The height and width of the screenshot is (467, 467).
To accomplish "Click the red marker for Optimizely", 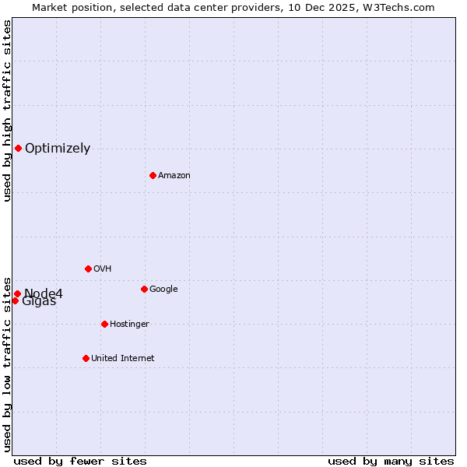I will (x=18, y=148).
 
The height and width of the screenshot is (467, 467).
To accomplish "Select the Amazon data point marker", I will (x=153, y=175).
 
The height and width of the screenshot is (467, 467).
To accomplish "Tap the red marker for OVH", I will (x=88, y=269).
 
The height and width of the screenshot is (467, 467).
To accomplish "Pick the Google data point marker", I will (x=144, y=289).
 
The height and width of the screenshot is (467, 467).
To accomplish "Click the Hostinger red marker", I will (x=104, y=324).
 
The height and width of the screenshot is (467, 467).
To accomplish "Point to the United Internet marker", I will (x=86, y=358).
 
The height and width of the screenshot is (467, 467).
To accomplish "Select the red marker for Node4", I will (x=17, y=293).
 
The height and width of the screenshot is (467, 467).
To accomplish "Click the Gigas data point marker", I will (x=15, y=300).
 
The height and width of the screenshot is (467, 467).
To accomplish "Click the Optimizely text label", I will (x=58, y=148).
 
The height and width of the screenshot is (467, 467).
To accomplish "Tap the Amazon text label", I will (x=174, y=175).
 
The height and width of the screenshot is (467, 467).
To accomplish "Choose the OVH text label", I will (x=102, y=269).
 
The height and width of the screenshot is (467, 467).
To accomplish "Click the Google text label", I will (x=163, y=289).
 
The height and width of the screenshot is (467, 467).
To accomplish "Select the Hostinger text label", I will (x=129, y=324).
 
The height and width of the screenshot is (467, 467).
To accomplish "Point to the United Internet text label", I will (x=122, y=358).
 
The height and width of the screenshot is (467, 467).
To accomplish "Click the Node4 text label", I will (x=44, y=293).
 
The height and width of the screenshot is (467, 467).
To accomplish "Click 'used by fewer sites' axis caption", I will (x=80, y=461).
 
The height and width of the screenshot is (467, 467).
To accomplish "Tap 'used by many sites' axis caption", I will (x=391, y=461).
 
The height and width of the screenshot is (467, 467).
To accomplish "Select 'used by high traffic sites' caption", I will (x=7, y=111).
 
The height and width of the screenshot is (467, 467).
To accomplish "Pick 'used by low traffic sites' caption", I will (x=7, y=363).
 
